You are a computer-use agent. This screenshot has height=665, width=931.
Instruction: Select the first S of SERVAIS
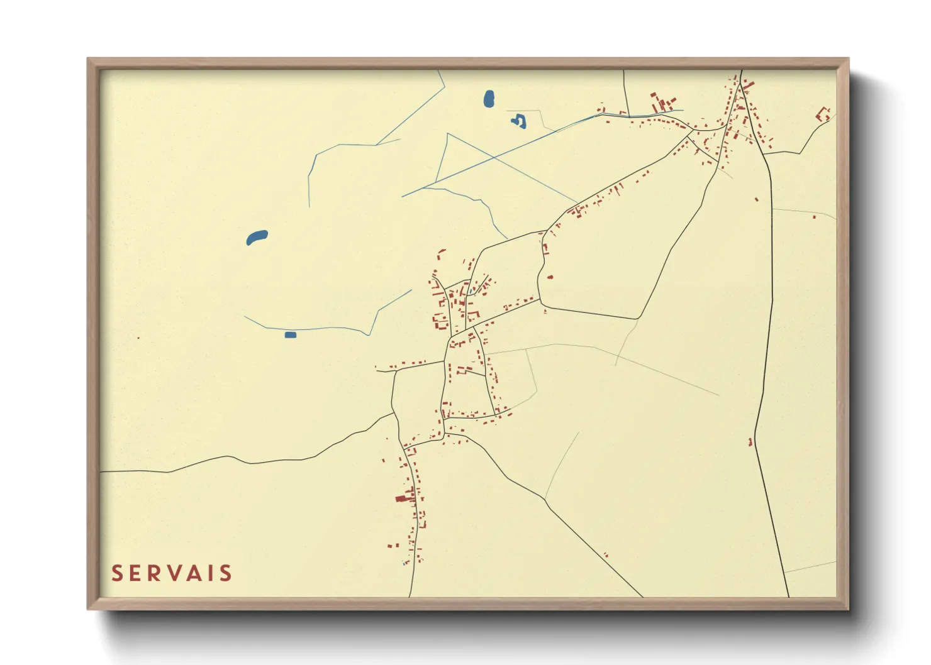(x=117, y=573)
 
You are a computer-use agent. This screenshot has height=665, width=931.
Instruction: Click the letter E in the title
(x=133, y=573)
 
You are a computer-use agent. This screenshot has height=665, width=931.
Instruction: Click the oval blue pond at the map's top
(x=489, y=99)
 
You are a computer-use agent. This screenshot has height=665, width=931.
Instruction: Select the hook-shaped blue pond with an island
(x=519, y=121)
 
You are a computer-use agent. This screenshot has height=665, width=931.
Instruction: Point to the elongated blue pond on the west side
(x=257, y=238)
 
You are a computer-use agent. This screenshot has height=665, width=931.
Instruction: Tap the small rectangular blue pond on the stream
(x=290, y=335)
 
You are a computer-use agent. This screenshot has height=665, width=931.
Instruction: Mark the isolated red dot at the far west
(x=138, y=338)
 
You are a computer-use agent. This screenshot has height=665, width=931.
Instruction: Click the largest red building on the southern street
(x=401, y=498)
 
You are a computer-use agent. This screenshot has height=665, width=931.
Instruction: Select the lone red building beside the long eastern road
(x=751, y=442)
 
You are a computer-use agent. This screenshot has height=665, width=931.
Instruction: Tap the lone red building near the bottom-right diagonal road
(x=606, y=555)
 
